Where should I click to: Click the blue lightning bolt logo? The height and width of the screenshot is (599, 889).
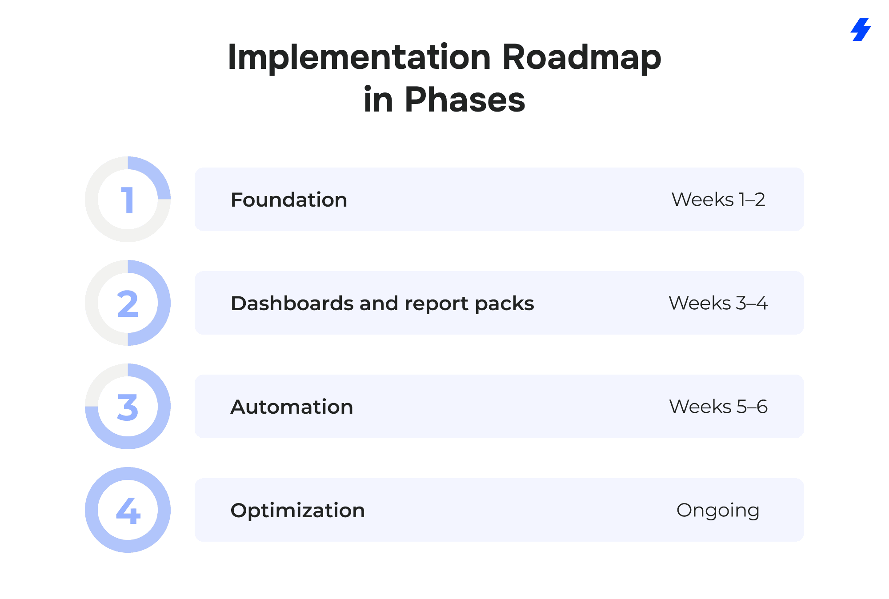(x=861, y=29)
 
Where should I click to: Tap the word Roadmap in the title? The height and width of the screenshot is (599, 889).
(x=581, y=57)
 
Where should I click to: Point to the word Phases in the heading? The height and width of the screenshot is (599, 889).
(x=465, y=100)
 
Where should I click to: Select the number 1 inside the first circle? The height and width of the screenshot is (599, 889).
(x=128, y=200)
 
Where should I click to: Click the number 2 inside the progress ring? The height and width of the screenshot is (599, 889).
(x=128, y=304)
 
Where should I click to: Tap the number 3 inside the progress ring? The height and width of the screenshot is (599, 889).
(x=128, y=407)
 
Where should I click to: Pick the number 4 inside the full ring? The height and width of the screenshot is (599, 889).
(x=128, y=511)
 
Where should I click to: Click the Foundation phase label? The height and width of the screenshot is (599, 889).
(x=289, y=200)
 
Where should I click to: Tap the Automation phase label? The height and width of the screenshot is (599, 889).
(x=292, y=407)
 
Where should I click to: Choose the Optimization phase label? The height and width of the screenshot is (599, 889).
(x=298, y=511)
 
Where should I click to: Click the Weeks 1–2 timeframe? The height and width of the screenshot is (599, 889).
(x=718, y=200)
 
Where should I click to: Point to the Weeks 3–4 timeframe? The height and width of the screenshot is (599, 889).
(x=718, y=303)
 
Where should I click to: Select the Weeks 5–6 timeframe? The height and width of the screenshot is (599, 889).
(x=718, y=407)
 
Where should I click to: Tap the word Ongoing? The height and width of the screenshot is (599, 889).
(x=718, y=511)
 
